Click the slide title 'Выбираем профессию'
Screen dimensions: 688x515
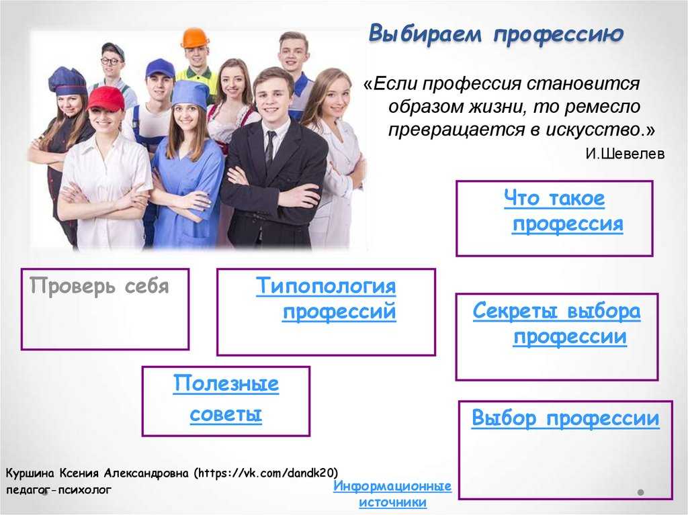tap(496, 34)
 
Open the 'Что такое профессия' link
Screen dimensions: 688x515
tap(564, 211)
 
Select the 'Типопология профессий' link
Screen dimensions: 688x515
tap(326, 299)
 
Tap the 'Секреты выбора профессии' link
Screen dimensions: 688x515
tap(556, 324)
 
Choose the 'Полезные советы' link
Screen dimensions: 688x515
tap(226, 398)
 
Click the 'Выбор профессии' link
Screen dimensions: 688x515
tap(566, 418)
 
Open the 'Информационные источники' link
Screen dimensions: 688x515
tap(392, 494)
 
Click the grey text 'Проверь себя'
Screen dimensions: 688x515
tap(99, 287)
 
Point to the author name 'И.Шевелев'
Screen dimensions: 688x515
tap(625, 154)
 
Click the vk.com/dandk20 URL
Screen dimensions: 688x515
tap(267, 473)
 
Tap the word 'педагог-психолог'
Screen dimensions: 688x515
tap(59, 490)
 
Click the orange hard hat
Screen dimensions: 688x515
tap(195, 38)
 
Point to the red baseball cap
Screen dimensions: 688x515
tap(107, 99)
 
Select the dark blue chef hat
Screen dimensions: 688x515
tap(67, 82)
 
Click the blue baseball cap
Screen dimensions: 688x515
tap(160, 69)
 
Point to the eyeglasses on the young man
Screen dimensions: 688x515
tap(111, 61)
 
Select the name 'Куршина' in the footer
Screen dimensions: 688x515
tap(30, 473)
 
